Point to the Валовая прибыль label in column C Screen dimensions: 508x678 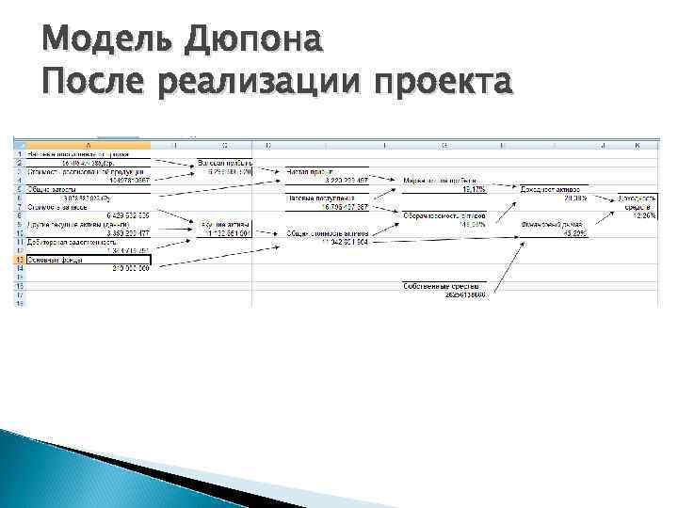click(x=223, y=163)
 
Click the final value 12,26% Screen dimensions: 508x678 click(x=644, y=215)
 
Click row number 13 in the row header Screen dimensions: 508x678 click(x=19, y=259)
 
